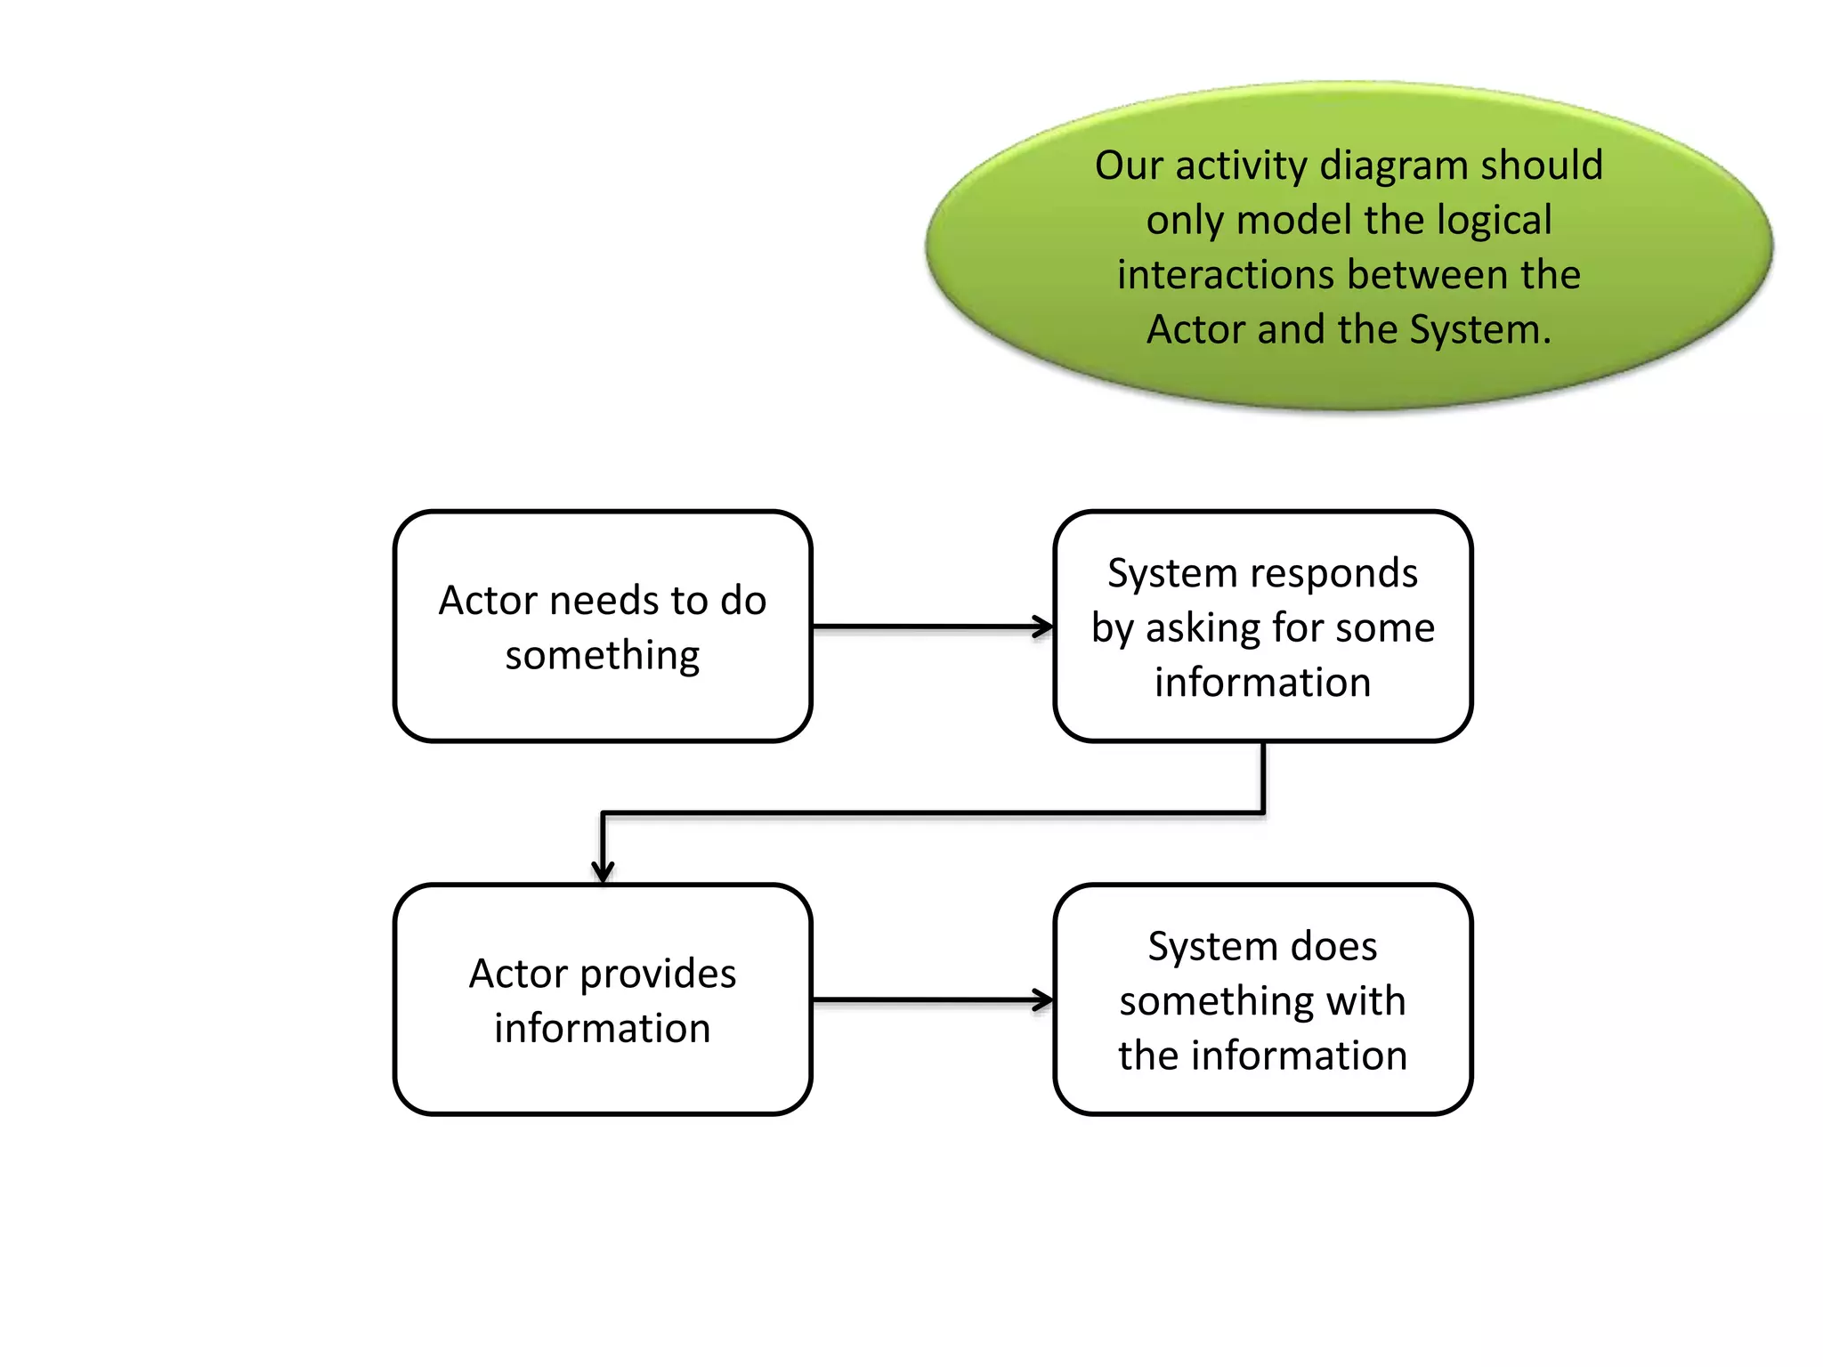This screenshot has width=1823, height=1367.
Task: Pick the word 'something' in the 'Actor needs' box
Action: tap(603, 656)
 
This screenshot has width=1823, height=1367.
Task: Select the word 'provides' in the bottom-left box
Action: tap(658, 975)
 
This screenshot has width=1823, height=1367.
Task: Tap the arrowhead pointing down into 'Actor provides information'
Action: tap(603, 872)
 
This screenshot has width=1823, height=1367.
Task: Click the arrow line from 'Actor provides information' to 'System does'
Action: tap(926, 1000)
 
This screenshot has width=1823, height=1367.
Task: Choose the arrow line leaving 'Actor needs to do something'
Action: tap(926, 627)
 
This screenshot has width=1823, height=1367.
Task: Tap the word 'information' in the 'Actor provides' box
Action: tap(603, 1029)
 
